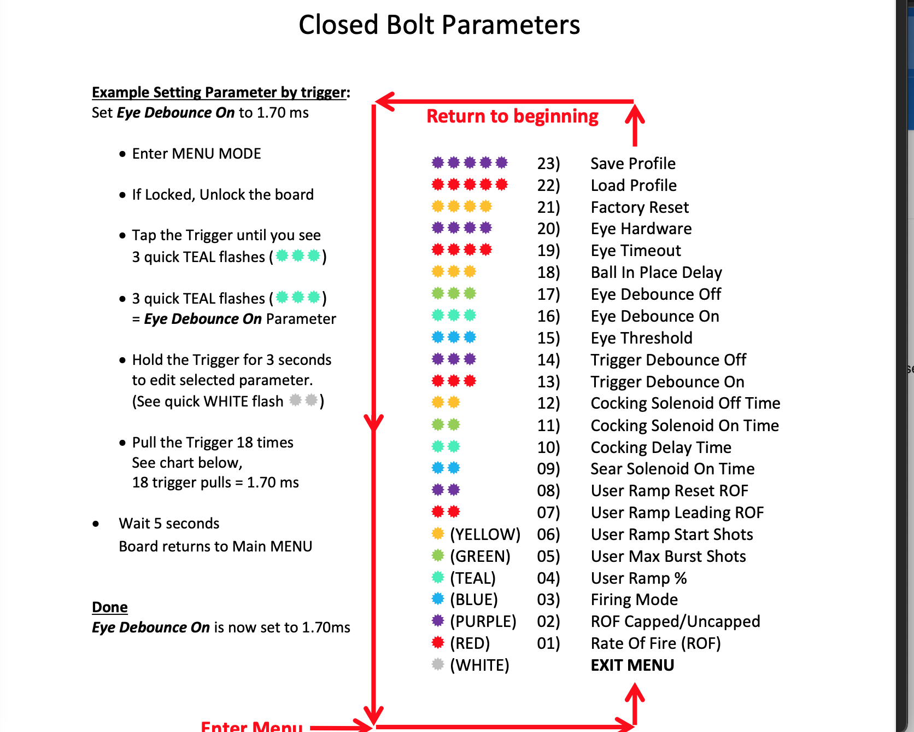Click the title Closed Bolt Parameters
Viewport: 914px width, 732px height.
439,25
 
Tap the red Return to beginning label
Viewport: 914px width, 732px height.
512,117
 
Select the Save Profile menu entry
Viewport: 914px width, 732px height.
633,164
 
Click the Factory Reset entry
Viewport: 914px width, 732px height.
640,207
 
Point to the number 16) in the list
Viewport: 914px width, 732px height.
548,316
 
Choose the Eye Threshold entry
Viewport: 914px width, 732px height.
641,338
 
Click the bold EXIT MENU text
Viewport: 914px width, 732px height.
632,665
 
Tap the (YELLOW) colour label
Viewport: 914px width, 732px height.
485,535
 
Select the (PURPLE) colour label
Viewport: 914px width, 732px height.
483,621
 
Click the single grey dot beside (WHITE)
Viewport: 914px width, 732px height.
438,664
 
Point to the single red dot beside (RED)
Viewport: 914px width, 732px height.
438,642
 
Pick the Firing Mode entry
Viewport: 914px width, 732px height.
634,600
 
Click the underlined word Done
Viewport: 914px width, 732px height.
110,607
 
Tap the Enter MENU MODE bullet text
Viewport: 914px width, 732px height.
197,154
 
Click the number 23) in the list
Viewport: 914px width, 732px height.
548,164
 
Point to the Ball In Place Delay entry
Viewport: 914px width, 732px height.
657,272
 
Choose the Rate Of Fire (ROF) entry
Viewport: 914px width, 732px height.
655,643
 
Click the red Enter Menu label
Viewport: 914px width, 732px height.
251,725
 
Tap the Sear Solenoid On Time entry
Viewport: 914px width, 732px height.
672,469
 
